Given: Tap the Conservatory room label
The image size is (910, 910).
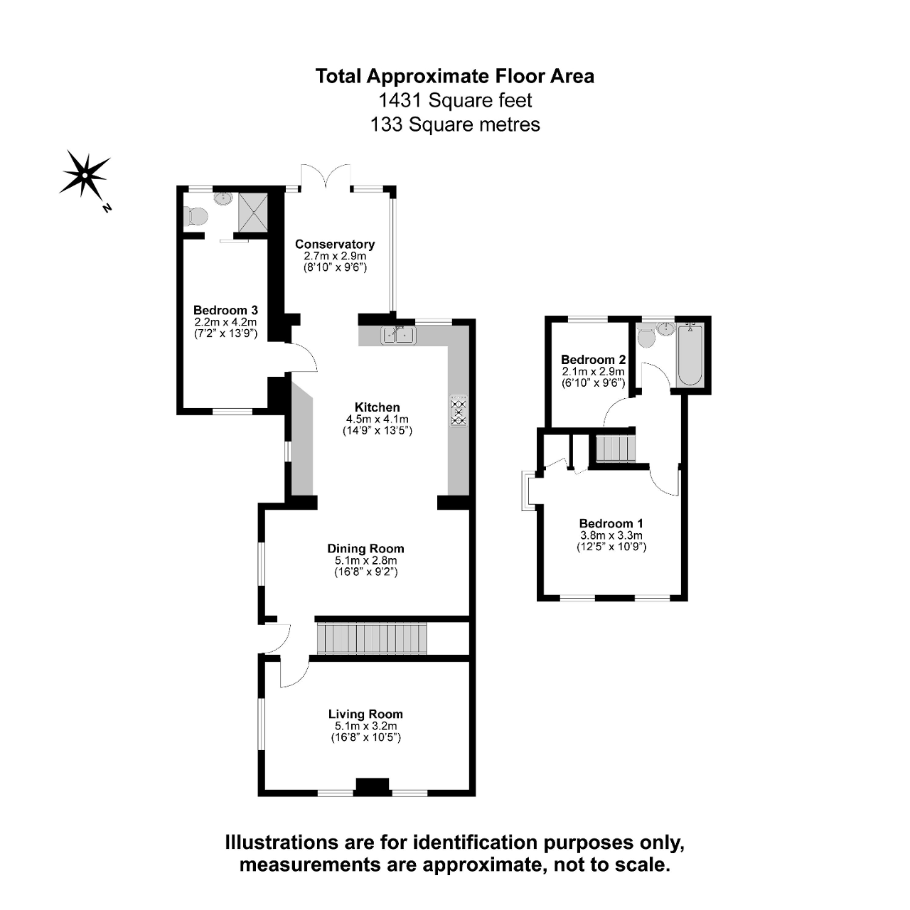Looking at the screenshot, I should pyautogui.click(x=335, y=244).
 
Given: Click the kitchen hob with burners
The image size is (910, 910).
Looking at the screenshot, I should pyautogui.click(x=459, y=411).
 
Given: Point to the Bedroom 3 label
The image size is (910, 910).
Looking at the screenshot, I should pyautogui.click(x=225, y=310).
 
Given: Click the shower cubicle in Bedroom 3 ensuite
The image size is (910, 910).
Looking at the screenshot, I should pyautogui.click(x=252, y=211).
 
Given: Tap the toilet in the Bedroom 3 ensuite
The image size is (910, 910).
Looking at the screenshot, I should pyautogui.click(x=195, y=214).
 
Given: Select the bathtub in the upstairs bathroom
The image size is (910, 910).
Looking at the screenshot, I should pyautogui.click(x=690, y=354).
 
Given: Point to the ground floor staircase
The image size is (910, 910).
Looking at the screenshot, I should pyautogui.click(x=371, y=638).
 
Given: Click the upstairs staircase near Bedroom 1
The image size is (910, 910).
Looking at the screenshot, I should pyautogui.click(x=615, y=449).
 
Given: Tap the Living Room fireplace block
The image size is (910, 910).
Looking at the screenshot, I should pyautogui.click(x=373, y=786).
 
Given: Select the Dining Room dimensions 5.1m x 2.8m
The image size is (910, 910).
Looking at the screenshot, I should pyautogui.click(x=365, y=560).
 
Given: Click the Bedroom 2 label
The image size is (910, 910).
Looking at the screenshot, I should pyautogui.click(x=593, y=359).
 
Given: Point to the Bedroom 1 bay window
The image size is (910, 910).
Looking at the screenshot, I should pyautogui.click(x=528, y=491).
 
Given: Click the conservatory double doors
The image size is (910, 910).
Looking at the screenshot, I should pyautogui.click(x=326, y=176).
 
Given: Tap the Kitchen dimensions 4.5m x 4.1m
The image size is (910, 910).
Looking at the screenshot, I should pyautogui.click(x=378, y=419).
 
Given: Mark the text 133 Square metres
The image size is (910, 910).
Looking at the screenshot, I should pyautogui.click(x=455, y=124).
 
